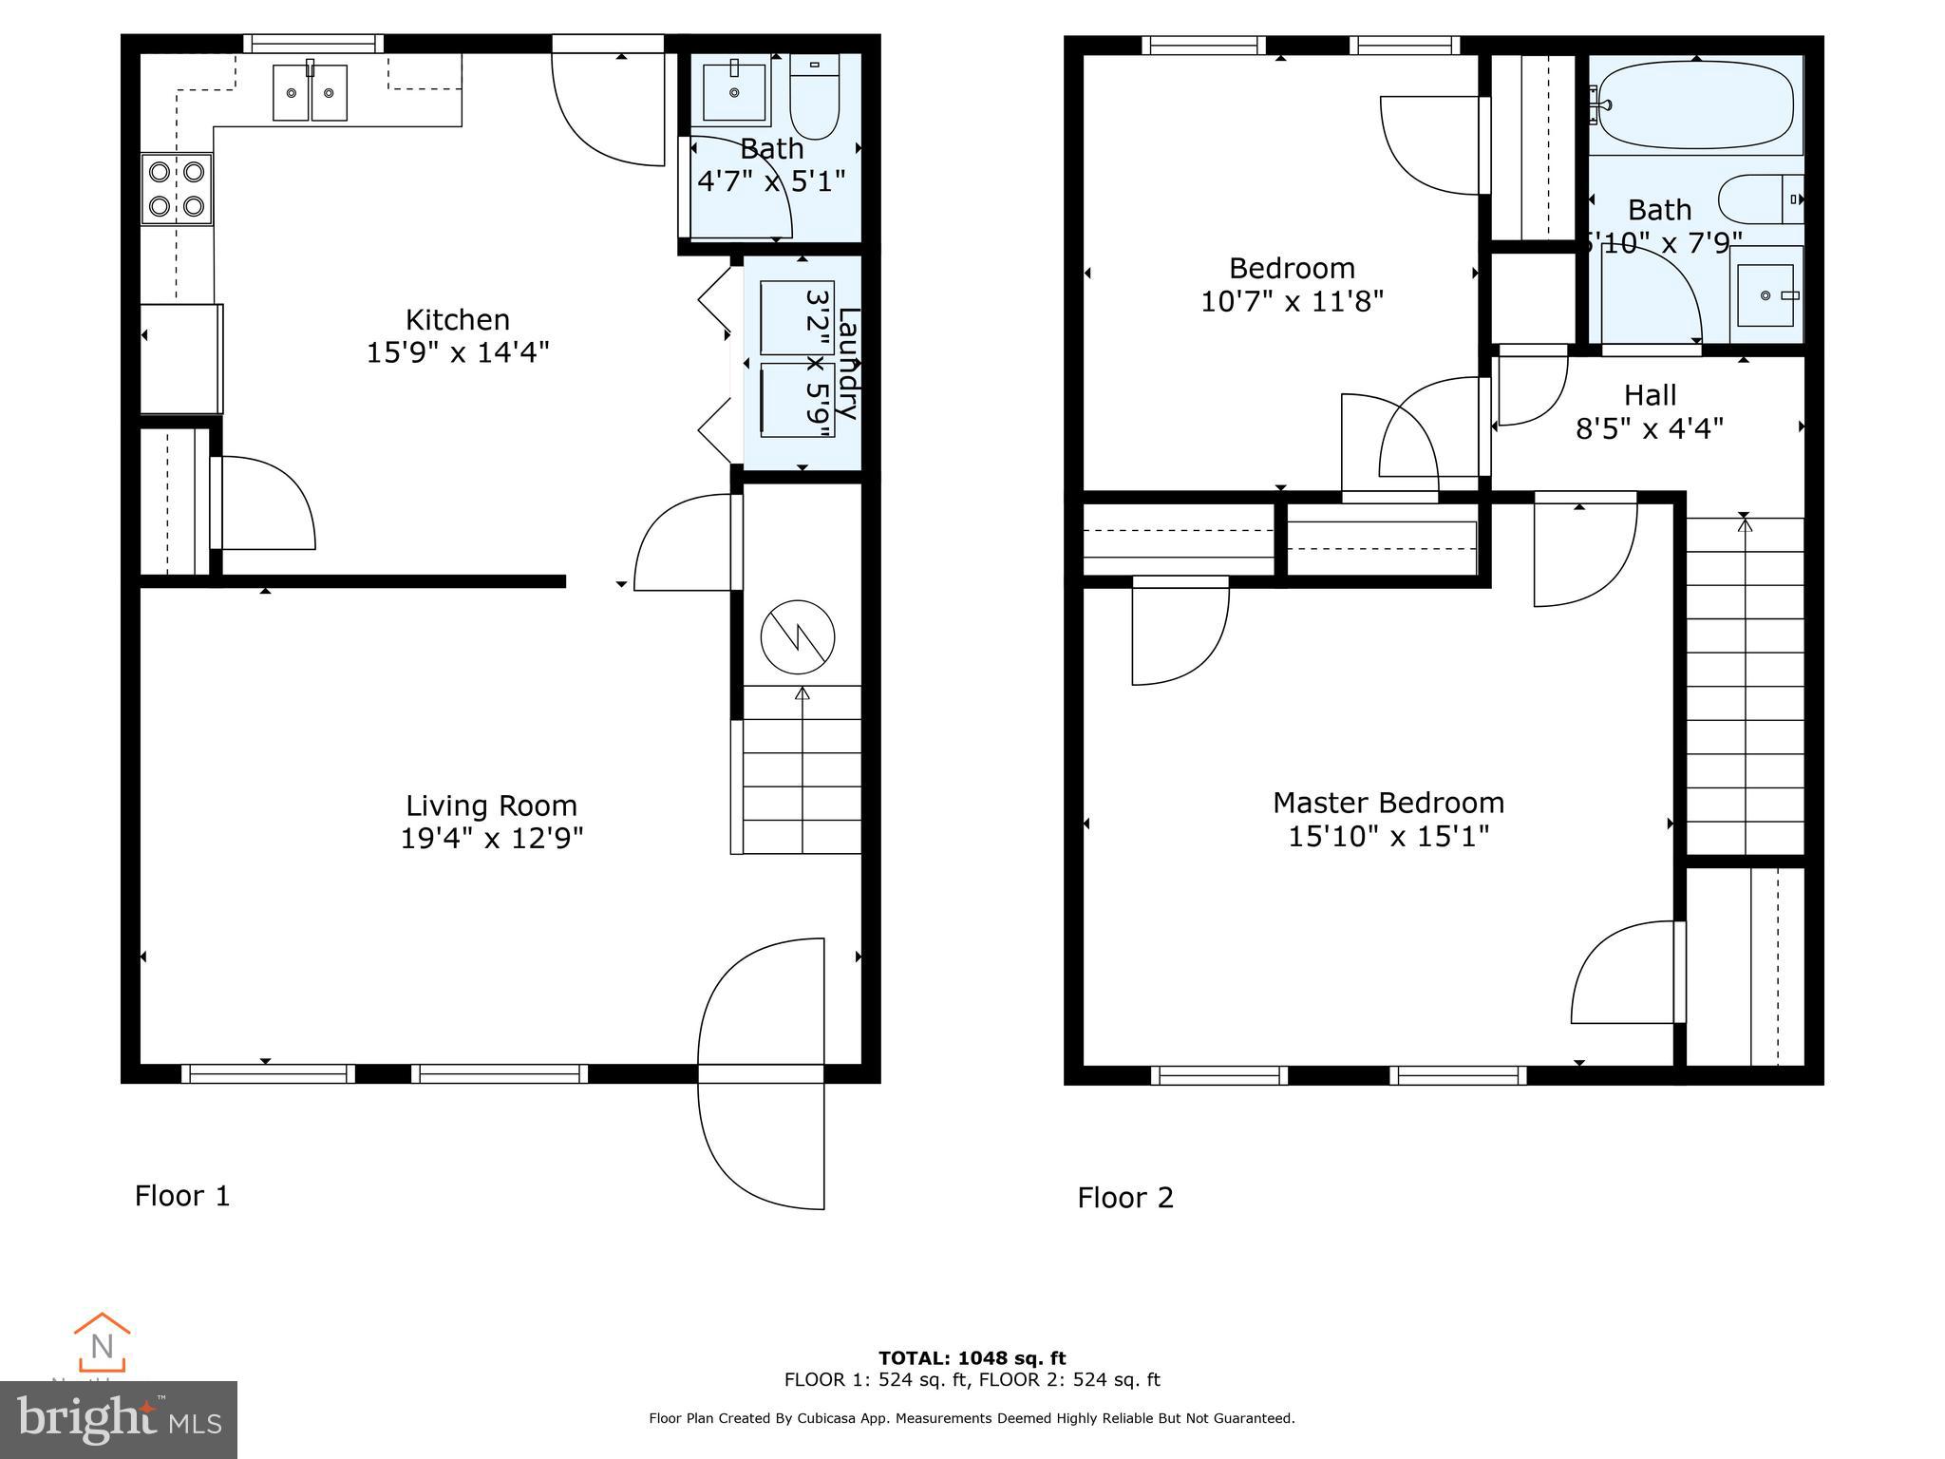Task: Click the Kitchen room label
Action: tap(457, 319)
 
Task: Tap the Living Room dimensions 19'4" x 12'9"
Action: tap(491, 839)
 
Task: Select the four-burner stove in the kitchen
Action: tap(177, 189)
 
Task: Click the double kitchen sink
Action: tap(310, 92)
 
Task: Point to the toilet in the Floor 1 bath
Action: tap(815, 99)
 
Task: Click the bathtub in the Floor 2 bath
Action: tap(1695, 104)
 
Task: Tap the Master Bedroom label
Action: tap(1388, 804)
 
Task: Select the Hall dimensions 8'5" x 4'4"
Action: tap(1650, 429)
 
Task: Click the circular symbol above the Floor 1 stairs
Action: tap(798, 636)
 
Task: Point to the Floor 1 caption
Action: tap(182, 1196)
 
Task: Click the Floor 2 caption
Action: tap(1125, 1198)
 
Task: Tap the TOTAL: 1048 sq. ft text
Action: tap(972, 1358)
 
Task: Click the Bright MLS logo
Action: tap(119, 1420)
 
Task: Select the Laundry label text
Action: tap(848, 363)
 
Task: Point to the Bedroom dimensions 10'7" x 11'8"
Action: tap(1292, 302)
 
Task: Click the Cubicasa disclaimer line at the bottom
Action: tap(972, 1418)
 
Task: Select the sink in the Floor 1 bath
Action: tap(734, 91)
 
